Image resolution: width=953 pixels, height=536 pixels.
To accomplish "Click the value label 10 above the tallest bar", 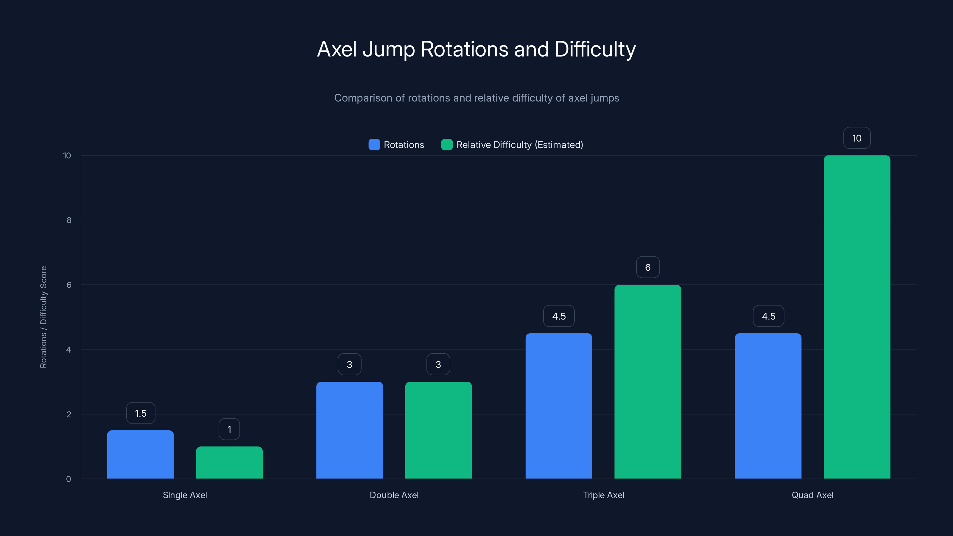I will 857,138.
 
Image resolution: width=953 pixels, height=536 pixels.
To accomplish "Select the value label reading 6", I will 647,267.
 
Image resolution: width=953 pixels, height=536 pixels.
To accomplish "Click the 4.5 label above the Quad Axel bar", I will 768,316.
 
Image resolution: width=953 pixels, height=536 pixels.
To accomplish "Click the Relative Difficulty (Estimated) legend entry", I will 512,145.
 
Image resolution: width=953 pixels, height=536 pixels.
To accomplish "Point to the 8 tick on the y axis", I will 69,220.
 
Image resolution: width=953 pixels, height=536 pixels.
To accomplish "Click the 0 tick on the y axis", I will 68,479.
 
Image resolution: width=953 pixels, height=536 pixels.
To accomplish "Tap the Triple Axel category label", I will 603,495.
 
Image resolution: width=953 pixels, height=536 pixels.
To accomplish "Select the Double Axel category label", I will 394,495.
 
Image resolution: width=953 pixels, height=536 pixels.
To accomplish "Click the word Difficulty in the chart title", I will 595,49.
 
